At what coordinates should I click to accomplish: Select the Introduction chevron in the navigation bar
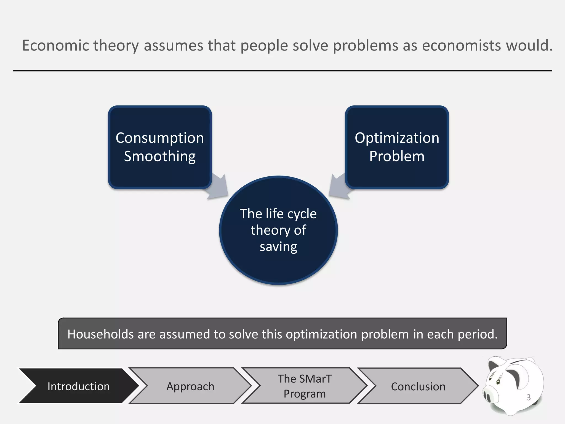78,386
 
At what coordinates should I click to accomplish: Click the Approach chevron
190,386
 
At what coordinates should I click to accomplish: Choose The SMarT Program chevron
305,386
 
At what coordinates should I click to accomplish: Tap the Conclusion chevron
418,386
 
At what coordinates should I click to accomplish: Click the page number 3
528,397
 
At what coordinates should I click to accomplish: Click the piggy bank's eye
498,382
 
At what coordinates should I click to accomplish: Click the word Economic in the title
55,46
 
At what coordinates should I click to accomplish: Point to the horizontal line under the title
282,71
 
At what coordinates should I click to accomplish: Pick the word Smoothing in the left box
160,157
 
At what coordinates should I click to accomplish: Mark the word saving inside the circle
278,247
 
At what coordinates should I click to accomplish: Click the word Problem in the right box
397,157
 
